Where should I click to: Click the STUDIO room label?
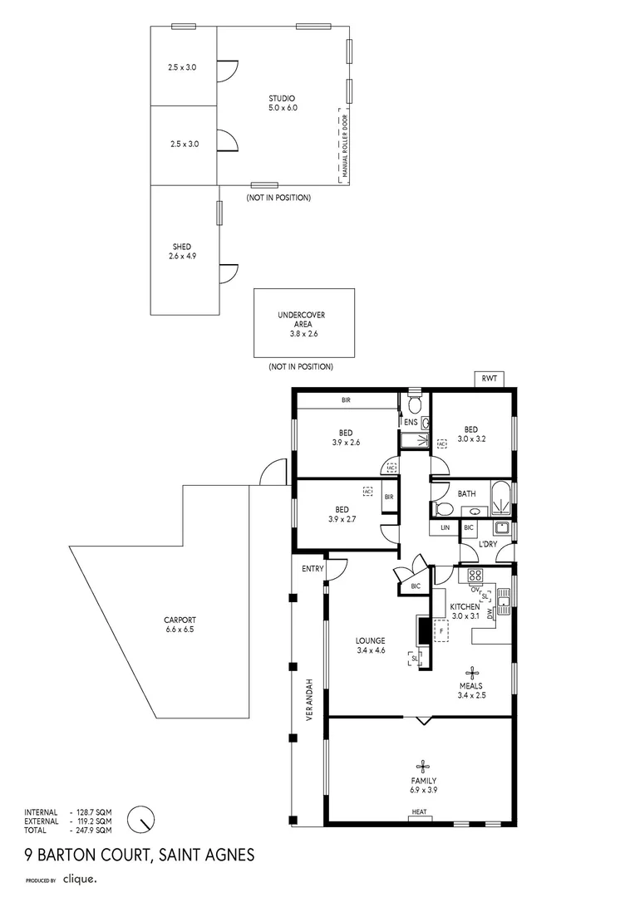(x=282, y=98)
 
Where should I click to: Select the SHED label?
(x=182, y=247)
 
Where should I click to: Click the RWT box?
(x=490, y=379)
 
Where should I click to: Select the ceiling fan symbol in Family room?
(x=423, y=767)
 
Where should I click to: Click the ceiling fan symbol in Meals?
(x=472, y=672)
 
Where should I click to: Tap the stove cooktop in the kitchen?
(x=475, y=575)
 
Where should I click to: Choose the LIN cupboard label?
(x=445, y=527)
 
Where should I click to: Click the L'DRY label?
(x=489, y=544)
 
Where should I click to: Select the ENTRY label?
(x=313, y=569)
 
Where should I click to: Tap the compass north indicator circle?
(x=142, y=820)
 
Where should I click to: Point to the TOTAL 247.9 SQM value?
(x=93, y=830)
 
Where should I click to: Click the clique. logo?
(x=81, y=878)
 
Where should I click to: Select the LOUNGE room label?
(x=370, y=640)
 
